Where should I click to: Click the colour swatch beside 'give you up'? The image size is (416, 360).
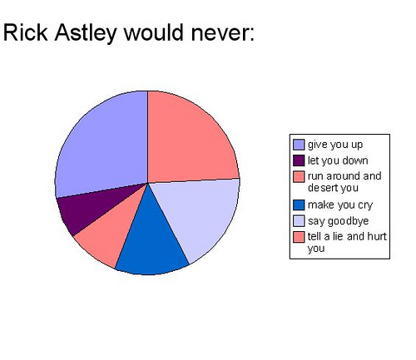tap(299, 145)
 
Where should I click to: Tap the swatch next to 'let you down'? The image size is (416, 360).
tap(299, 160)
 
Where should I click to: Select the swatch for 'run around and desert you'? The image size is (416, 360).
tap(299, 175)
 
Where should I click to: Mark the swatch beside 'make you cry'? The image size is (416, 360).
tap(299, 205)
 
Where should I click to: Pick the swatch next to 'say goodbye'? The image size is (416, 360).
tap(299, 220)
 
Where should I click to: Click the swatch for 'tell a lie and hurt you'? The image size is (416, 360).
tap(299, 237)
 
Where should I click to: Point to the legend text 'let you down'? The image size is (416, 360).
tap(337, 160)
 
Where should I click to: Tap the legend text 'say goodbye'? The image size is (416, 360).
tap(336, 220)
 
